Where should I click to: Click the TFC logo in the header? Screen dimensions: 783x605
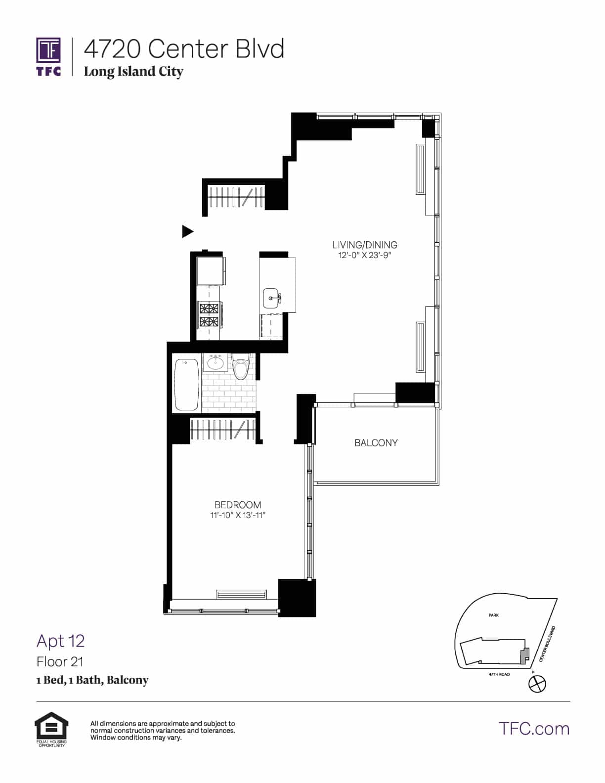[x=48, y=56]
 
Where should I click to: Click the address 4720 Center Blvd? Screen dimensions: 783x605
[x=184, y=49]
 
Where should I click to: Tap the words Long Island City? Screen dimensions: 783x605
[x=133, y=72]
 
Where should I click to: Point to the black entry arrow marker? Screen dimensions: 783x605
[x=187, y=231]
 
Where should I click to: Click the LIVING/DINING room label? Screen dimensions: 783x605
[x=365, y=245]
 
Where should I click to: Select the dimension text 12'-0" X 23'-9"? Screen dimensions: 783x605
[x=365, y=256]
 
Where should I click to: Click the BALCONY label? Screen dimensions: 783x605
[x=376, y=443]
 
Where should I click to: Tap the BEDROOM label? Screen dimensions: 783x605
[x=238, y=505]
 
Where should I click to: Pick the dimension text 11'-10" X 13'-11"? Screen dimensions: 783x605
[x=238, y=516]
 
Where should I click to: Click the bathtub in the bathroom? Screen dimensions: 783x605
[x=186, y=384]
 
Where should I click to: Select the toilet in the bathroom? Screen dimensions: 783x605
[x=241, y=368]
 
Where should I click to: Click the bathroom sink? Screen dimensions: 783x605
[x=215, y=363]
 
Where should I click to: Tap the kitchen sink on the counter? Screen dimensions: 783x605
[x=272, y=298]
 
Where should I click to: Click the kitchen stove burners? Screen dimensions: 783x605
[x=209, y=315]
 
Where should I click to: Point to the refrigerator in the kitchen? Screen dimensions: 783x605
[x=211, y=271]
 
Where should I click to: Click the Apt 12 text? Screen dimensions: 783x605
[x=60, y=641]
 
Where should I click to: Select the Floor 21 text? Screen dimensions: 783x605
[x=60, y=661]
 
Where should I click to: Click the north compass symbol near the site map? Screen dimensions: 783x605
[x=537, y=684]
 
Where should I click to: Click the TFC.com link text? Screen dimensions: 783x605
[x=534, y=729]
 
